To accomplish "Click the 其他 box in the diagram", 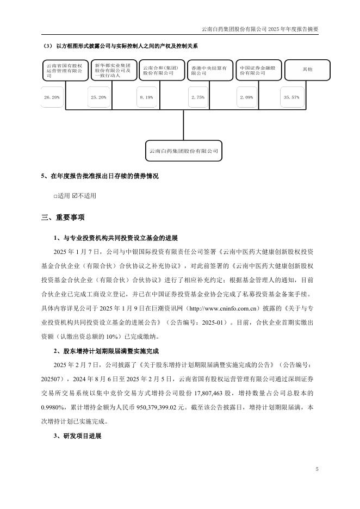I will click(307, 70).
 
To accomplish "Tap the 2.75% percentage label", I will click(198, 97).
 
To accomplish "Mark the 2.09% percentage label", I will click(246, 97).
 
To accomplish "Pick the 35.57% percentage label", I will click(291, 97).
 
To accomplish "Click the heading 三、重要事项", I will click(63, 218).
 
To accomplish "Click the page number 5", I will click(316, 469).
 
